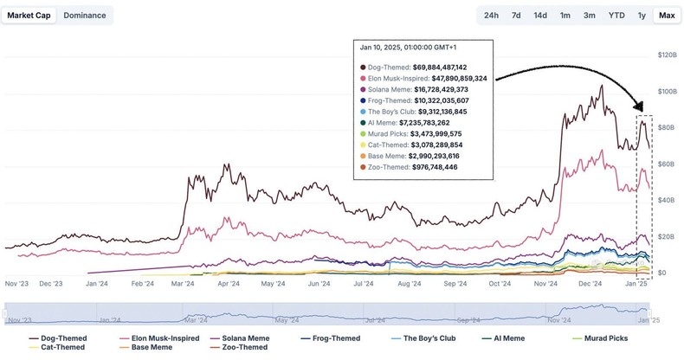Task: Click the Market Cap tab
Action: (x=29, y=15)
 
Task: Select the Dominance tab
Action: (x=84, y=15)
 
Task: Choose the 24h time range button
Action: (x=491, y=16)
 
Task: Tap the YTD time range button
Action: (x=616, y=16)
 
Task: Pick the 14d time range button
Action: (x=540, y=16)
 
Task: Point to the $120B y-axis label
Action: (x=667, y=55)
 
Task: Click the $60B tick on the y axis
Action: (x=667, y=164)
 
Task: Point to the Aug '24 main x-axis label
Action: (x=410, y=283)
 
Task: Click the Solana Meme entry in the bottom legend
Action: (x=241, y=338)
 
